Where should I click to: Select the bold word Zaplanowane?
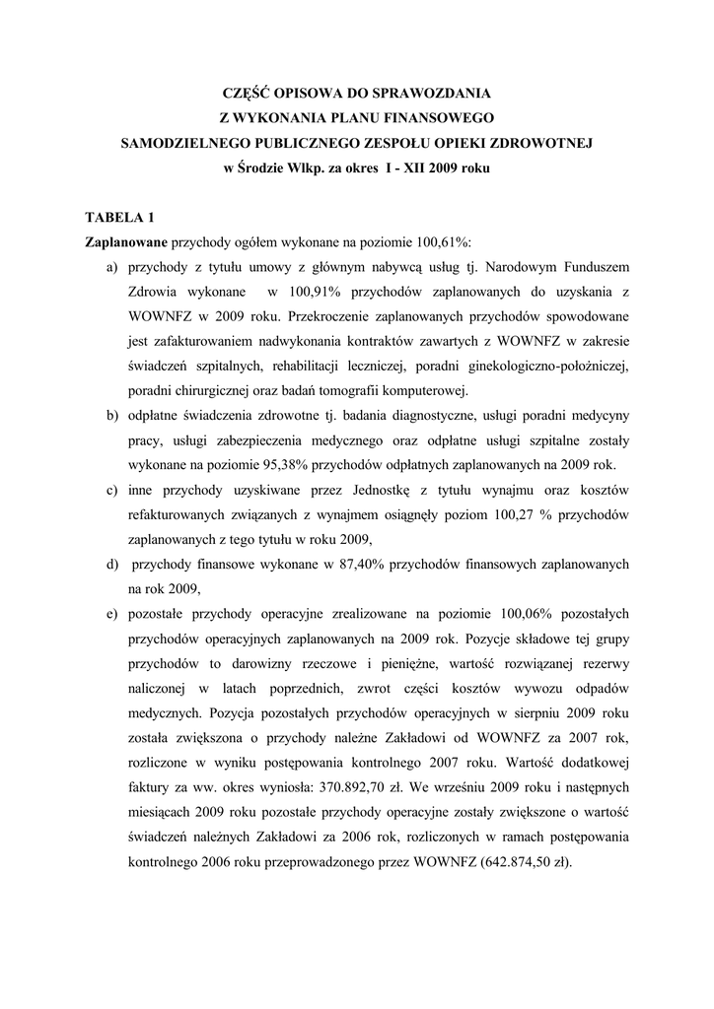[x=127, y=242]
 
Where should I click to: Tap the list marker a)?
[x=108, y=267]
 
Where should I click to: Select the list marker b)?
[x=108, y=415]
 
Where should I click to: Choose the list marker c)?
[x=108, y=490]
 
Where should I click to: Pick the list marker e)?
[x=108, y=614]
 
